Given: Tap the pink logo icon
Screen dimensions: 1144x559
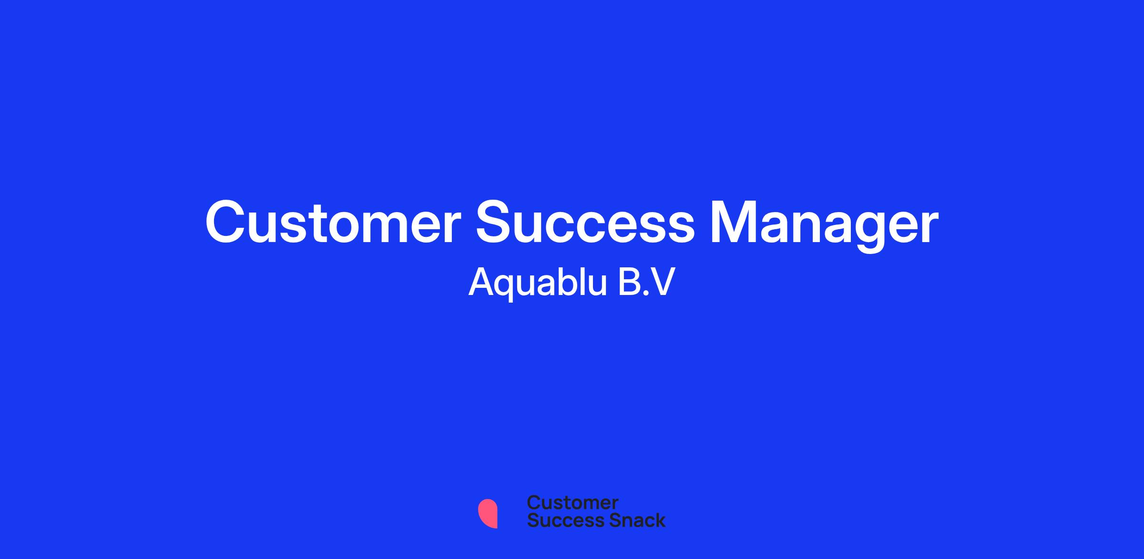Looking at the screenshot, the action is (488, 513).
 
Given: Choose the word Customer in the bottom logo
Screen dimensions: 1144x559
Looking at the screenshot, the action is (572, 503).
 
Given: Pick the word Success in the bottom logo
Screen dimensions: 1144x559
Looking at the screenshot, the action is (560, 520).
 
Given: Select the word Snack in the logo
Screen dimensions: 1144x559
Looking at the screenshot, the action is (631, 520).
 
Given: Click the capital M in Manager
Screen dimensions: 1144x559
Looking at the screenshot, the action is (735, 223).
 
